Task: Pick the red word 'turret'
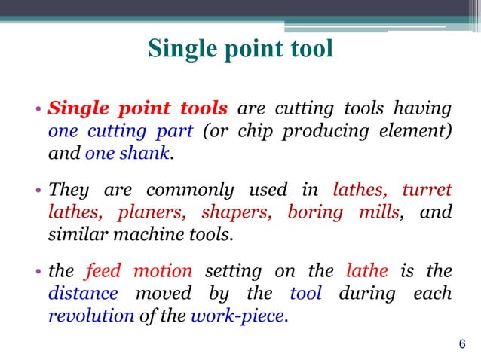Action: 427,188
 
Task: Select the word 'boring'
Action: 312,212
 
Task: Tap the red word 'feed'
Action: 103,270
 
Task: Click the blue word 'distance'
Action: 83,292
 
